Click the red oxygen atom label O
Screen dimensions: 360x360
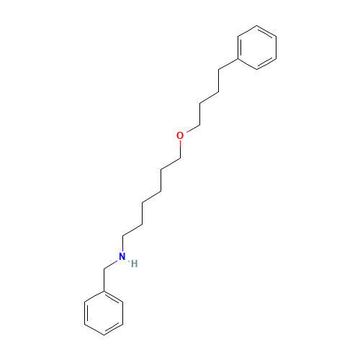pyautogui.click(x=180, y=135)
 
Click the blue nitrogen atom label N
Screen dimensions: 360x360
pyautogui.click(x=122, y=256)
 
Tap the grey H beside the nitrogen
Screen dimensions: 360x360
pyautogui.click(x=134, y=264)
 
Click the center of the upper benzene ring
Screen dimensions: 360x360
pyautogui.click(x=257, y=49)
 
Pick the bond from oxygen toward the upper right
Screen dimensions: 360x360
pyautogui.click(x=192, y=127)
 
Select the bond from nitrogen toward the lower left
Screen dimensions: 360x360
pyautogui.click(x=113, y=264)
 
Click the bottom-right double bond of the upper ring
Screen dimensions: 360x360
pyautogui.click(x=266, y=65)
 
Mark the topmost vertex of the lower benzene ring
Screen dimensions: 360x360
pyautogui.click(x=105, y=290)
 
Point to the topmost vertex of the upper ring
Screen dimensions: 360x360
pyautogui.click(x=256, y=27)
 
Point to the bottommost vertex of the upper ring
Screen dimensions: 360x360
pyautogui.click(x=257, y=71)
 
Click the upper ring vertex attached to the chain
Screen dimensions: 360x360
pyautogui.click(x=238, y=60)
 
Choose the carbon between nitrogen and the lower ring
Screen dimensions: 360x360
pyautogui.click(x=105, y=269)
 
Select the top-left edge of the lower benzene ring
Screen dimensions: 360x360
pyautogui.click(x=95, y=296)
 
